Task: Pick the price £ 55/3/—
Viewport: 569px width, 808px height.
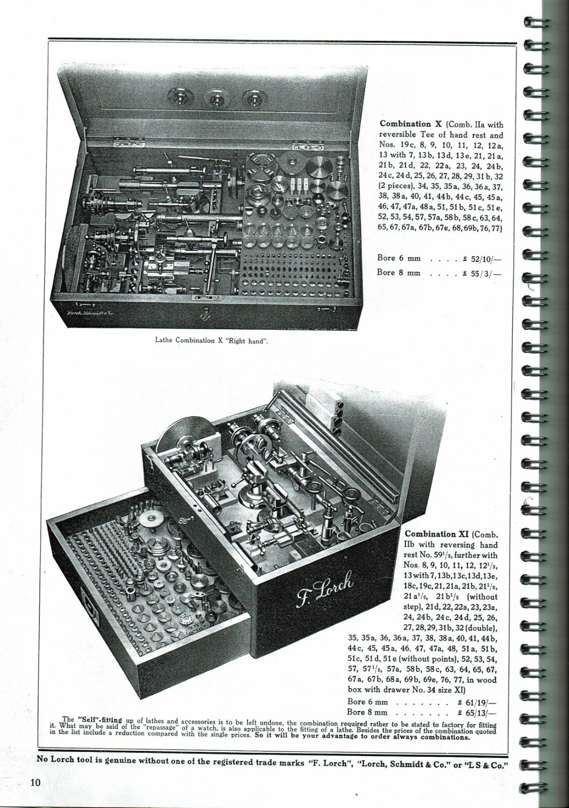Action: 483,273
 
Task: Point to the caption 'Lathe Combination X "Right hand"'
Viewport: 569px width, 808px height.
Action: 211,340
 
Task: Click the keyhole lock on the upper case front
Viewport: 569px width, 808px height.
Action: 204,316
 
